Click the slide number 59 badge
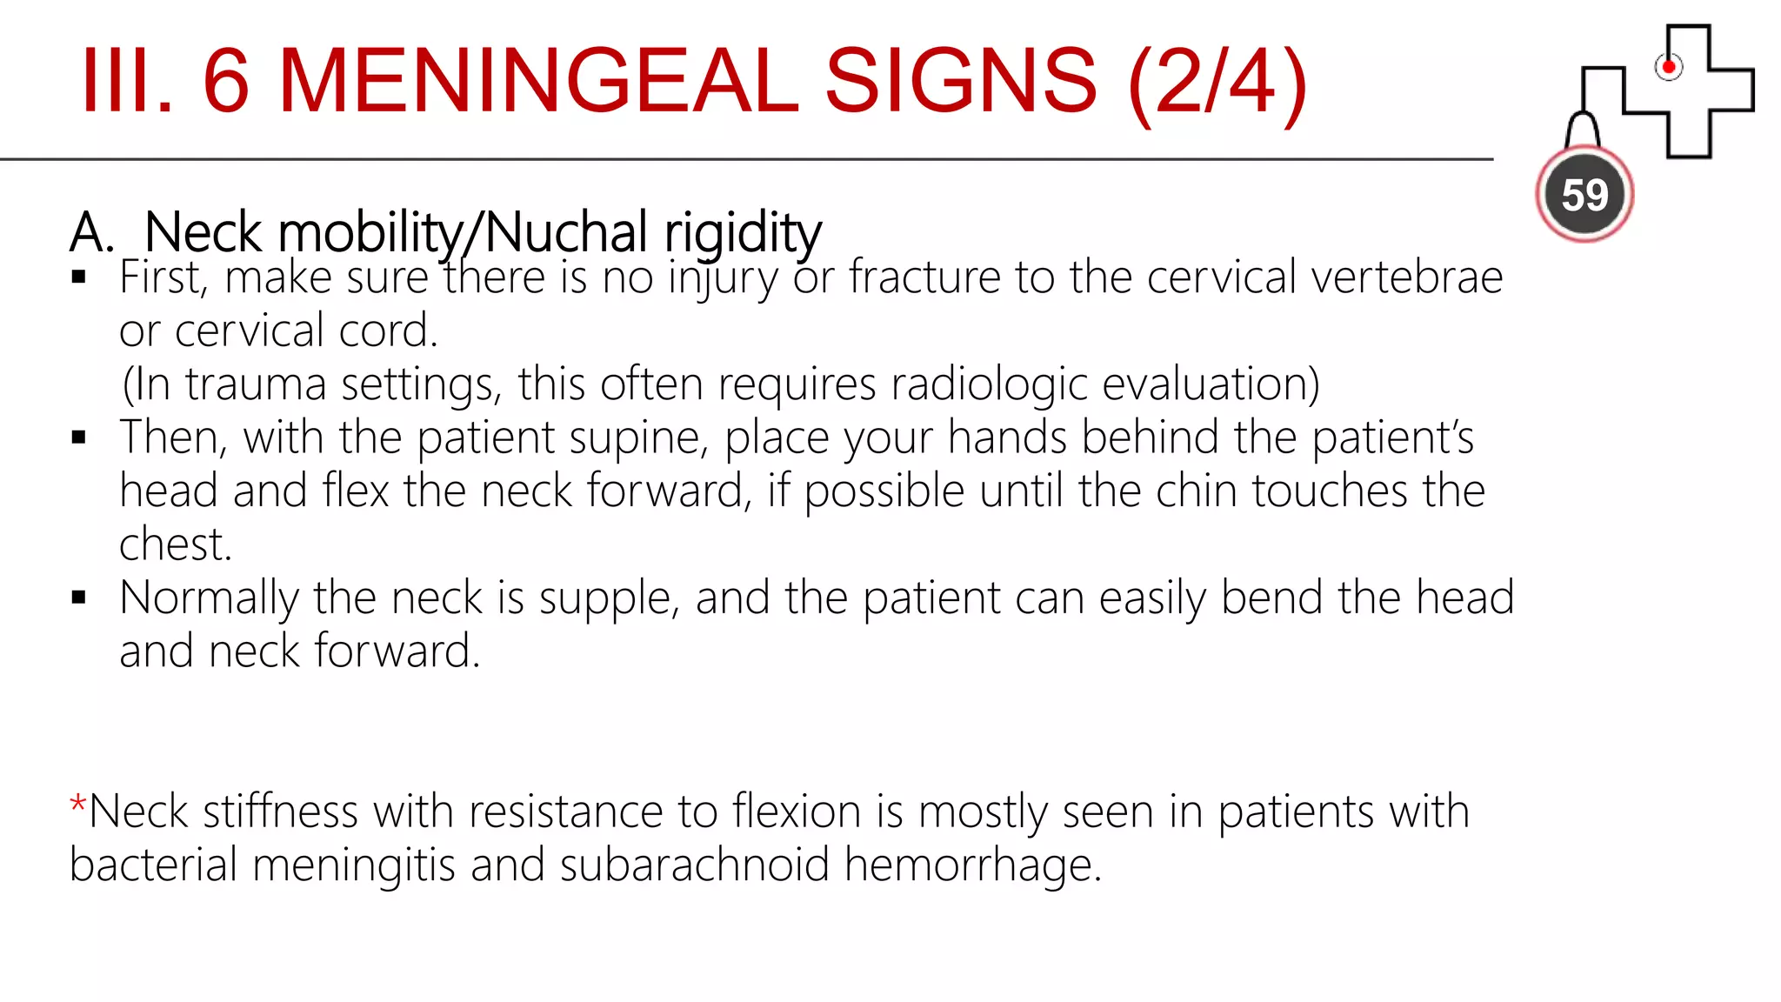1584,194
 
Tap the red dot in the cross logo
1668,67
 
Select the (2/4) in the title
1217,83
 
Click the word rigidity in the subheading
743,232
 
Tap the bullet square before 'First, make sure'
79,277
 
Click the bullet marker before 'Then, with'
79,437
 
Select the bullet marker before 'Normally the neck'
79,597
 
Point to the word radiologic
989,384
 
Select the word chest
175,544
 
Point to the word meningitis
354,865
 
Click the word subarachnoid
694,865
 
